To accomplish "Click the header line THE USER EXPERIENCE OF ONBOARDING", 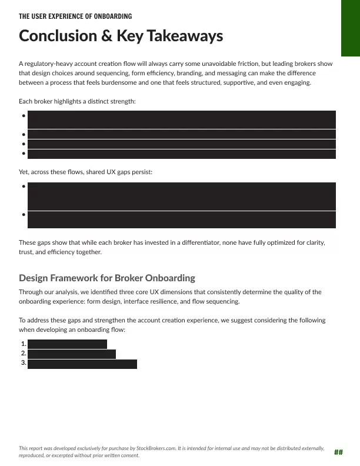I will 75,16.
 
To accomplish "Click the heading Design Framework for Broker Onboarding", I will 107,278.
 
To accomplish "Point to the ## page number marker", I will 338,452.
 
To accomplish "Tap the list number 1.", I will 23,344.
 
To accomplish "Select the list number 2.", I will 23,354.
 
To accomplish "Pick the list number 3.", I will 23,363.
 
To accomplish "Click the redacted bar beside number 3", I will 82,364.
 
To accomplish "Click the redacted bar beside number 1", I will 68,344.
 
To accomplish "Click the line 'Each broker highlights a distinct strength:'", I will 77,102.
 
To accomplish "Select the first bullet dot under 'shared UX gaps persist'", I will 23,187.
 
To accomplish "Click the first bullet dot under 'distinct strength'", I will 23,115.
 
